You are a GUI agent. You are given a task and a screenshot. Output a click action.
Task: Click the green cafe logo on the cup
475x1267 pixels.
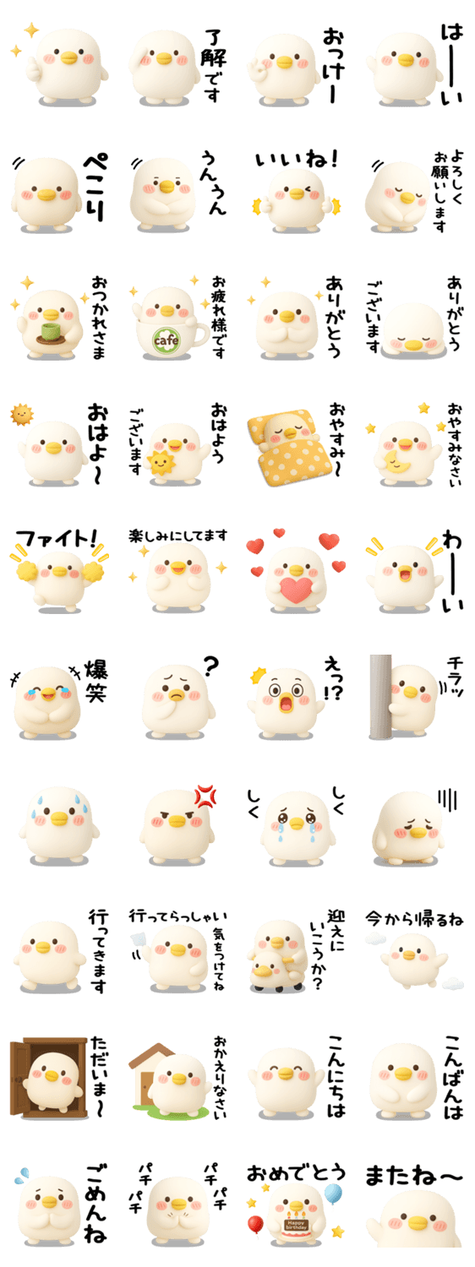pos(166,340)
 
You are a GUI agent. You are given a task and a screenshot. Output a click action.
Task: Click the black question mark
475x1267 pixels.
pos(210,666)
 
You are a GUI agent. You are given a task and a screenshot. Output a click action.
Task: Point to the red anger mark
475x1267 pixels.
pos(205,796)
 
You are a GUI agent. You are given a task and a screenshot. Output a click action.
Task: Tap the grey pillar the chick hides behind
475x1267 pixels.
pos(380,697)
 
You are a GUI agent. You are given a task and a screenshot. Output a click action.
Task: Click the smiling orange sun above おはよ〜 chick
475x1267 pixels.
pos(22,415)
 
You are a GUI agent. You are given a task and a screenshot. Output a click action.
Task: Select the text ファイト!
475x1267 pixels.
pos(56,537)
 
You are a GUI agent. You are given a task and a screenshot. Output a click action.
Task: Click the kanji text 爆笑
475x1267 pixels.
pos(96,681)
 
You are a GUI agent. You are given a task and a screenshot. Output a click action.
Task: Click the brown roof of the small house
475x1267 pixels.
pos(150,1053)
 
